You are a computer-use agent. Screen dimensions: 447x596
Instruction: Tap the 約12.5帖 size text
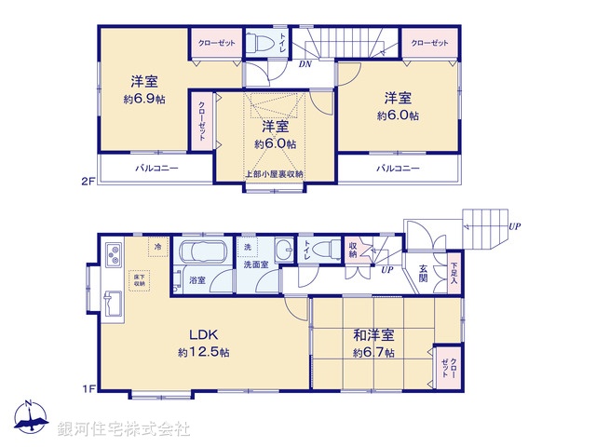[204, 353]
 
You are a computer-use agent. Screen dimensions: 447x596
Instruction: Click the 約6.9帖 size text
[142, 97]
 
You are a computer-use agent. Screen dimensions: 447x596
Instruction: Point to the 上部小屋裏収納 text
[275, 174]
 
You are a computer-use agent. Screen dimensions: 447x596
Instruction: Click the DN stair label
[305, 64]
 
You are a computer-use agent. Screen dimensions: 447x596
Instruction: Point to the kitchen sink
[115, 303]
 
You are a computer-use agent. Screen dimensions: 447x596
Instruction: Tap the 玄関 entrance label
[423, 272]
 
